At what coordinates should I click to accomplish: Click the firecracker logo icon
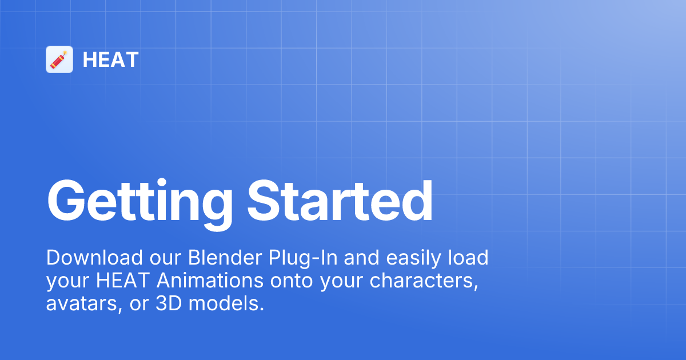pyautogui.click(x=59, y=59)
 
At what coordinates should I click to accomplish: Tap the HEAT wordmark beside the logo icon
pyautogui.click(x=110, y=59)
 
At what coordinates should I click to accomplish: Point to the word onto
pyautogui.click(x=291, y=281)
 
